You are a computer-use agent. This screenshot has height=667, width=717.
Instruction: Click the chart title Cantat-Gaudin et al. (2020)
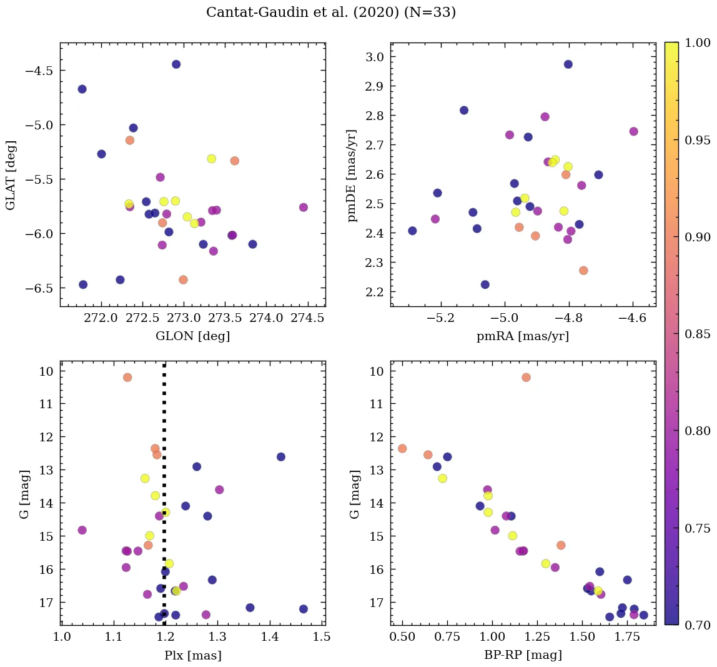tap(331, 13)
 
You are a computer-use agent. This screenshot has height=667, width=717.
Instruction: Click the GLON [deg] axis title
tap(192, 336)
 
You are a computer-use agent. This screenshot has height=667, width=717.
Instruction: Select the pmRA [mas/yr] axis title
tap(523, 336)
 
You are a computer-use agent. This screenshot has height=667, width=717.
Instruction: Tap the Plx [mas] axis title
tap(192, 655)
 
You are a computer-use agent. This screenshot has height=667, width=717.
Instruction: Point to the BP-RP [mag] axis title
tap(523, 655)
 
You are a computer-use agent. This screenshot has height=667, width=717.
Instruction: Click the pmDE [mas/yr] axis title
tap(353, 175)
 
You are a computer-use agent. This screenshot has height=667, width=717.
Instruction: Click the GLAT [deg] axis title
tap(11, 175)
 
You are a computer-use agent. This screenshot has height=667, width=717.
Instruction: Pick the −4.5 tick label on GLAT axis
tap(39, 71)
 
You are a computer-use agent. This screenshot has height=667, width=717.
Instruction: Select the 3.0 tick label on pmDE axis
tap(374, 57)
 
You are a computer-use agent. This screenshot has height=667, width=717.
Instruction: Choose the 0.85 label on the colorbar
tap(696, 334)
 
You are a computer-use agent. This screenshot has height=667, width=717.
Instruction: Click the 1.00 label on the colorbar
tap(696, 43)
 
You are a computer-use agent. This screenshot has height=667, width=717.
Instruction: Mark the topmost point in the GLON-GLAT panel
tap(176, 64)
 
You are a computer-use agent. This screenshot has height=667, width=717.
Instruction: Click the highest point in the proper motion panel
tap(568, 64)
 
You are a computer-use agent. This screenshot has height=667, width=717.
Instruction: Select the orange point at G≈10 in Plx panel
tap(127, 378)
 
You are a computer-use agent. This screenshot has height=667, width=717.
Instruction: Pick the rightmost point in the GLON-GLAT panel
tap(304, 208)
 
